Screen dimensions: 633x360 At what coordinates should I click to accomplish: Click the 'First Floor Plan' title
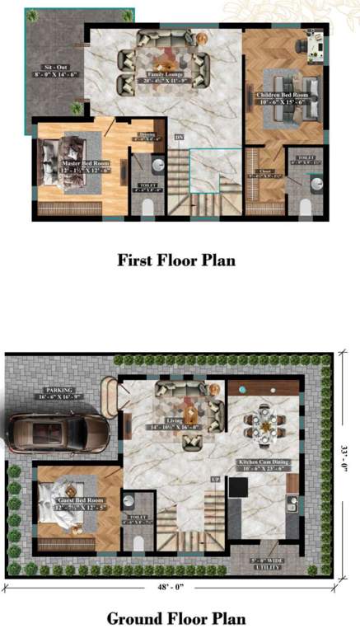175,260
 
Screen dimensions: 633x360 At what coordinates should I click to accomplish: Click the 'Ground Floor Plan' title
175,617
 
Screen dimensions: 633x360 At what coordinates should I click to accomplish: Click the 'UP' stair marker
216,479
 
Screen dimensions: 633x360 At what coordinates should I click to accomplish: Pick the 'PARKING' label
59,391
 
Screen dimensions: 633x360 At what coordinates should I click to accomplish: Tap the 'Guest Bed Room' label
77,500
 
